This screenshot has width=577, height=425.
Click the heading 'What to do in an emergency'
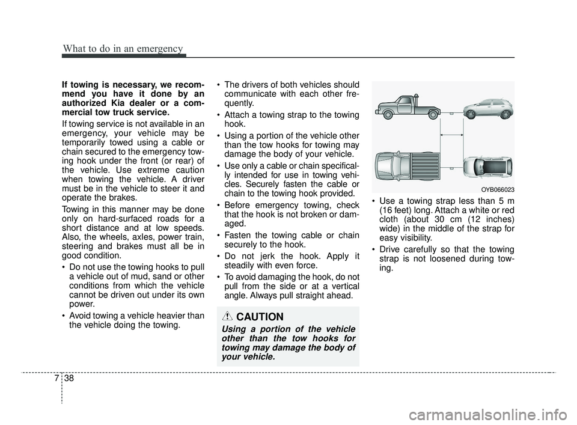(x=122, y=48)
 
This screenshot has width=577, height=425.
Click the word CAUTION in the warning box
(x=260, y=317)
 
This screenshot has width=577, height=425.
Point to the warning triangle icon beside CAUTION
(x=229, y=317)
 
